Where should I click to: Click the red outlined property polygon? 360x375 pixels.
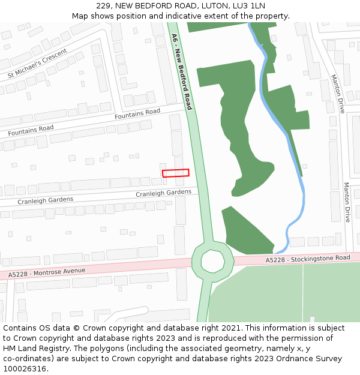click(175, 173)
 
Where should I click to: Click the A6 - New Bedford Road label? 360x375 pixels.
click(182, 71)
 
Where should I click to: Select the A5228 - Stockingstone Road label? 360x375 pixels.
click(308, 259)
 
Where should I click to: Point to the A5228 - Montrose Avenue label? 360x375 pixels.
click(47, 272)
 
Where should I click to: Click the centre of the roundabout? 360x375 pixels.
click(212, 261)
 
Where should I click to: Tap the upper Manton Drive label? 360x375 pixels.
click(337, 94)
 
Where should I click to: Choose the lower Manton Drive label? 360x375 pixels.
click(347, 202)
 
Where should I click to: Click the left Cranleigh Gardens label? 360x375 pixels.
click(45, 200)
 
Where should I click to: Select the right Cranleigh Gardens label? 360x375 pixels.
click(163, 193)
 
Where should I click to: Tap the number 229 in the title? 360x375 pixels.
click(104, 6)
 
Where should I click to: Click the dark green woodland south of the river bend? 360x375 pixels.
click(246, 231)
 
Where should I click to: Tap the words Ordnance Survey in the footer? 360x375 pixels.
click(312, 359)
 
